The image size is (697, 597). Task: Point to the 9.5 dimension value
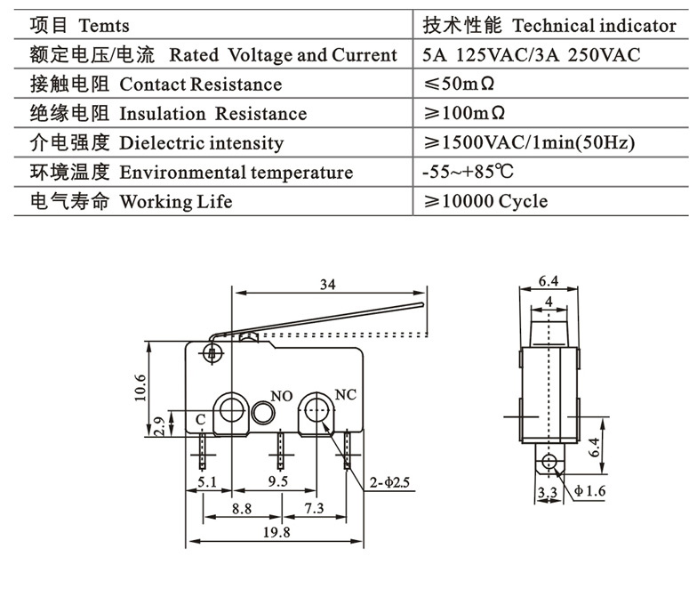pos(277,482)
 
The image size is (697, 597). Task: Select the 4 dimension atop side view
pos(550,303)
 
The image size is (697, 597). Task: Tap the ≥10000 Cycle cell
pos(485,202)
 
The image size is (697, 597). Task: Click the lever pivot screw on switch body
pos(212,353)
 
